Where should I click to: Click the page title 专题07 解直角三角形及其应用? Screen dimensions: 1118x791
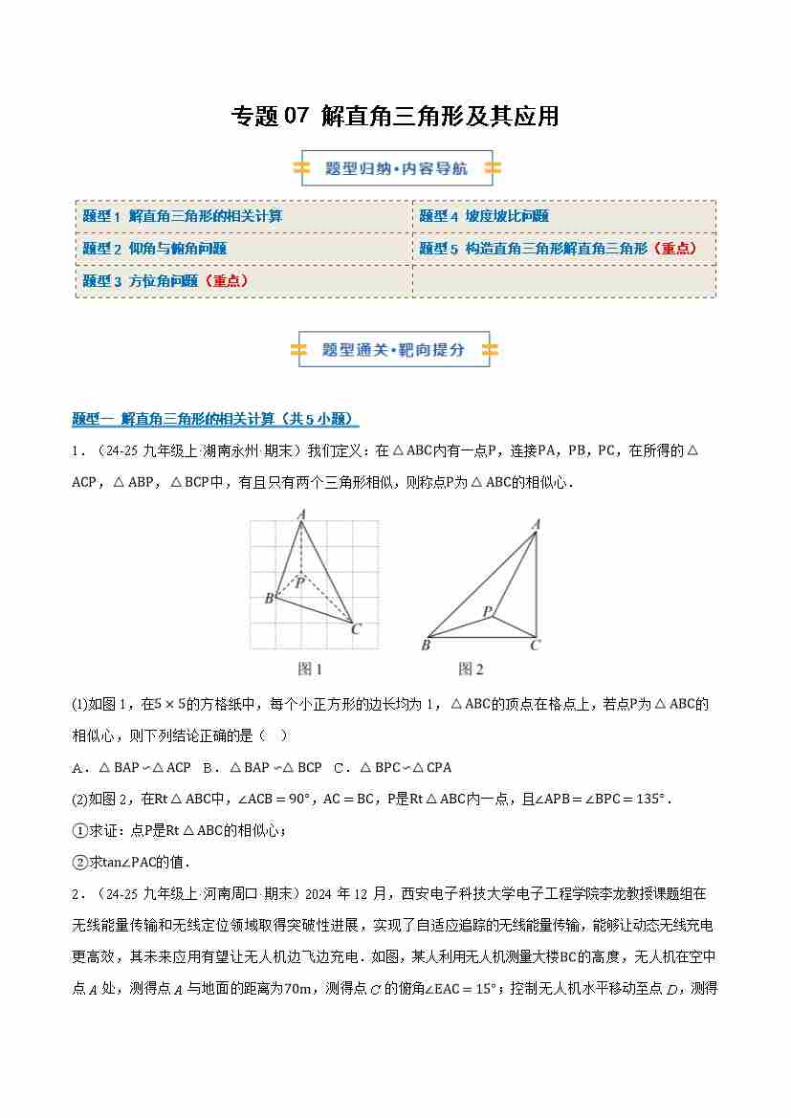tap(395, 117)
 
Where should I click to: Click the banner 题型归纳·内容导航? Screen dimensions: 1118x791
tap(396, 168)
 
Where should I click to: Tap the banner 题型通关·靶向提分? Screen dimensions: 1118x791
tap(394, 349)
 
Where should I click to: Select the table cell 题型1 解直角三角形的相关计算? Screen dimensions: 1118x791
tap(182, 216)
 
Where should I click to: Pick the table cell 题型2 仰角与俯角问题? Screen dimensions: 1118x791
tap(154, 249)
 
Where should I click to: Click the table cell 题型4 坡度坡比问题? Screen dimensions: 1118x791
tap(484, 216)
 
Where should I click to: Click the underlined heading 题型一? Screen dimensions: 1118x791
tap(215, 419)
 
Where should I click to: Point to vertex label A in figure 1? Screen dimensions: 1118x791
tap(301, 515)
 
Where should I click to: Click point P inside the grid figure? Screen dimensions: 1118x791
tap(299, 581)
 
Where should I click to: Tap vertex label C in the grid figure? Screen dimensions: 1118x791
tap(356, 628)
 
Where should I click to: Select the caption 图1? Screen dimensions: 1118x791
tap(310, 669)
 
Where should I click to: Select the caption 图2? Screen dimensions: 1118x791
tap(471, 669)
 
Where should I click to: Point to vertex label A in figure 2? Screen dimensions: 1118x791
tap(536, 523)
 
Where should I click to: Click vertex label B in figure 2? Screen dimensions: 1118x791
tap(426, 646)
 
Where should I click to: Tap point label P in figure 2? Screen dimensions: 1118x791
tap(486, 611)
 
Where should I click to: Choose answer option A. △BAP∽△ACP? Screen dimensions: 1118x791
tap(132, 767)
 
